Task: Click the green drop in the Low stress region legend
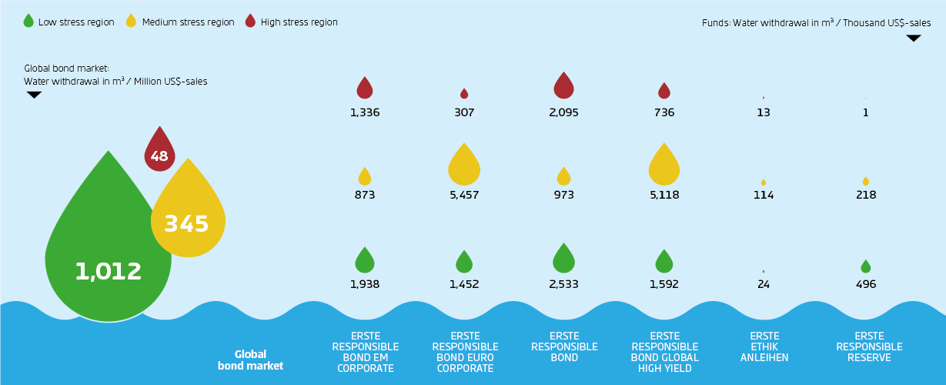pyautogui.click(x=29, y=22)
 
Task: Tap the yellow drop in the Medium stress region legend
pyautogui.click(x=130, y=22)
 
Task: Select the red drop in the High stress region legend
pyautogui.click(x=249, y=22)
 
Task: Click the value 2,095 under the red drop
pyautogui.click(x=564, y=112)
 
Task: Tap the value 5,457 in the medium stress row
pyautogui.click(x=464, y=195)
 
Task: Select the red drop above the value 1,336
pyautogui.click(x=365, y=89)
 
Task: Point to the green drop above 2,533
pyautogui.click(x=564, y=259)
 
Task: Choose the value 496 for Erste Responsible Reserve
pyautogui.click(x=866, y=284)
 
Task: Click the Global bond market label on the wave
pyautogui.click(x=250, y=360)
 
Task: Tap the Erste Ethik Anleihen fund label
pyautogui.click(x=764, y=346)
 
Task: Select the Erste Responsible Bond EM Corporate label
pyautogui.click(x=365, y=352)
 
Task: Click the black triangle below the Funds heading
pyautogui.click(x=914, y=38)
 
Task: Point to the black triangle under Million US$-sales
pyautogui.click(x=34, y=95)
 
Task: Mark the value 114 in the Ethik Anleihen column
pyautogui.click(x=764, y=195)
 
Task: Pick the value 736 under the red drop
pyautogui.click(x=664, y=112)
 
